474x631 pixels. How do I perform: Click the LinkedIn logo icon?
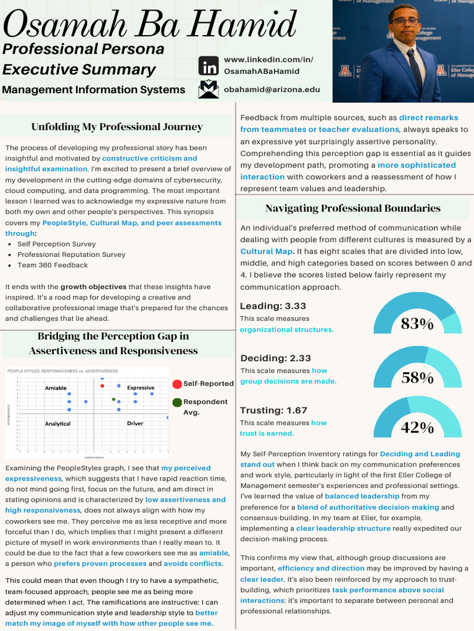tap(209, 65)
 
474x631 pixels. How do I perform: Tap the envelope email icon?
tap(209, 89)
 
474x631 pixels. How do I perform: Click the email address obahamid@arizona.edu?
tap(272, 89)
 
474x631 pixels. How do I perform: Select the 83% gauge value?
tap(417, 324)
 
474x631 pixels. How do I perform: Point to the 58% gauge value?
tap(417, 378)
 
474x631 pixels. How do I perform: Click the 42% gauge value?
tap(417, 428)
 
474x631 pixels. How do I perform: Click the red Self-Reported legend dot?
tap(177, 384)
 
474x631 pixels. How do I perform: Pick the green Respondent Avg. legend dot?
tap(177, 402)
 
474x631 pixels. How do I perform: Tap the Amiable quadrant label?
tap(56, 388)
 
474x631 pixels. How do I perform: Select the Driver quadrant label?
tap(135, 424)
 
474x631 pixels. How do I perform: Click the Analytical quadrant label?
tap(57, 424)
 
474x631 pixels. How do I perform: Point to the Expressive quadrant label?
tap(141, 388)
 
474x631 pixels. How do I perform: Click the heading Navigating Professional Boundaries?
tap(353, 208)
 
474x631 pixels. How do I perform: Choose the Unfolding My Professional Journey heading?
tap(117, 127)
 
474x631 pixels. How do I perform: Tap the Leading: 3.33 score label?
tap(273, 306)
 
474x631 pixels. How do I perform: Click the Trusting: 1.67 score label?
tap(273, 410)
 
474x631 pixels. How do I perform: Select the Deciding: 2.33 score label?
tap(275, 359)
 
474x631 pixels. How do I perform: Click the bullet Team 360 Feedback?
tap(52, 266)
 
